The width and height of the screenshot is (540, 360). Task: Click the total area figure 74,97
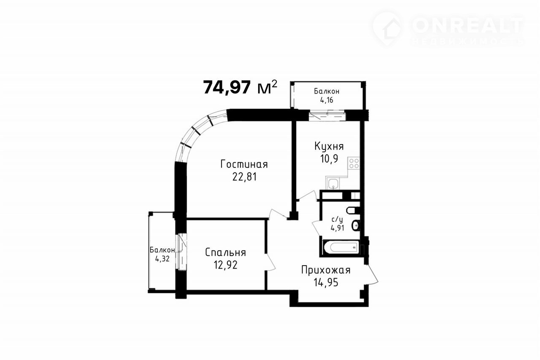point(227,87)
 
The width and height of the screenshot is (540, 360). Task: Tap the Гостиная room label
point(244,164)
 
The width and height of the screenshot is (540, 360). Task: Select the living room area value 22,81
point(244,177)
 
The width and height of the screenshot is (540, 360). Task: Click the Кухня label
point(329,147)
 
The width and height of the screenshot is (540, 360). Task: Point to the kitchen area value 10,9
point(329,159)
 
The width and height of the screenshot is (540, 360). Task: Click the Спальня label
point(225,253)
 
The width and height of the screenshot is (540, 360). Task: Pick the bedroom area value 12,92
point(225,265)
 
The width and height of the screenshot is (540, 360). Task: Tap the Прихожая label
point(326,270)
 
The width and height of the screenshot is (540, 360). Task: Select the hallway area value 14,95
point(326,282)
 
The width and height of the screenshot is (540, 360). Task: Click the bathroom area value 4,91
point(337,228)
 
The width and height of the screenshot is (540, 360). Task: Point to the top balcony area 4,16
point(327,100)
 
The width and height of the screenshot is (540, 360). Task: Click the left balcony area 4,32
point(162,259)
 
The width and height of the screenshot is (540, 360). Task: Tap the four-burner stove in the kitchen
point(354,163)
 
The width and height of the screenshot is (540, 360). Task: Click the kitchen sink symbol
point(333,184)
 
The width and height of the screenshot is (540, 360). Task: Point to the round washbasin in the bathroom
point(356,226)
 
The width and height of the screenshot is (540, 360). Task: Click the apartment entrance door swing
point(371,274)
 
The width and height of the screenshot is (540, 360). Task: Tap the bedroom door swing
point(270,262)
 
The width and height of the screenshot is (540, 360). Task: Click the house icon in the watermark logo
point(388,28)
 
